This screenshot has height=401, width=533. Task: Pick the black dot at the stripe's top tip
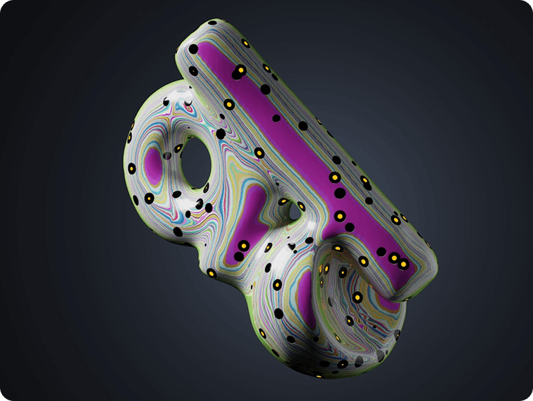pos(194,50)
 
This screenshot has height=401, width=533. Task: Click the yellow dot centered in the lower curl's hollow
pos(357,297)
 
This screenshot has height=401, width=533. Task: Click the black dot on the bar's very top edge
pos(245,43)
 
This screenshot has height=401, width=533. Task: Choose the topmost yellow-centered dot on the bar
pos(239,70)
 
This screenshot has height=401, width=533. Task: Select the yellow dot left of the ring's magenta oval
pos(131,168)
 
